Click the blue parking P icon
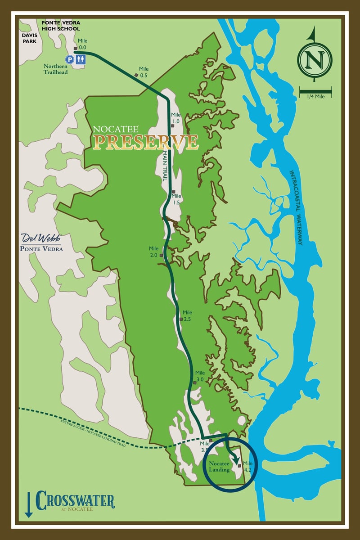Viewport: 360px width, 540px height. (x=70, y=59)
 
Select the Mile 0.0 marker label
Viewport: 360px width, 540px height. (x=82, y=44)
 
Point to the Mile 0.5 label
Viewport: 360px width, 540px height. (x=143, y=72)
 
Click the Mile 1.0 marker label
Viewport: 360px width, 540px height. (x=175, y=118)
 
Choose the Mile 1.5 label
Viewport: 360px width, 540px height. (x=176, y=199)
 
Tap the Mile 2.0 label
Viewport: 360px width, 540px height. (x=154, y=252)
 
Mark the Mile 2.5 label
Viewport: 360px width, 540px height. (x=187, y=315)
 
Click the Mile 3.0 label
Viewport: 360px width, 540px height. (x=200, y=376)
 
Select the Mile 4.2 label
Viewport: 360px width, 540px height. (x=247, y=466)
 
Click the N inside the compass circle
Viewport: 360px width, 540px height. (x=315, y=59)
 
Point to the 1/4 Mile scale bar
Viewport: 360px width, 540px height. (x=315, y=92)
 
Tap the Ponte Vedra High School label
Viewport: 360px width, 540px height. (x=60, y=26)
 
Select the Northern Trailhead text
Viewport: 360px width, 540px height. (x=56, y=68)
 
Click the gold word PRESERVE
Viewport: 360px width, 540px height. (x=145, y=142)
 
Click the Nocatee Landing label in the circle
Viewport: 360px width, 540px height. (x=219, y=467)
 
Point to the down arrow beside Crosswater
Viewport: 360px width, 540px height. (x=28, y=504)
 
